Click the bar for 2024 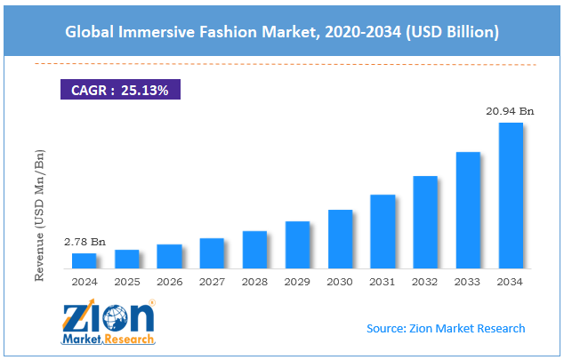(84, 260)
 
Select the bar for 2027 (212, 252)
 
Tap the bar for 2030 (340, 238)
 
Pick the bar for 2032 (425, 221)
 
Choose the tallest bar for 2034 (511, 195)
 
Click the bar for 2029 (297, 244)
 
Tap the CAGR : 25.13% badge (121, 89)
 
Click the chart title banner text (281, 32)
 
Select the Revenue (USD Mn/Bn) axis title (39, 216)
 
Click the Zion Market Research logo (109, 323)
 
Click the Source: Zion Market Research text (446, 328)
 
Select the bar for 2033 (468, 210)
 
